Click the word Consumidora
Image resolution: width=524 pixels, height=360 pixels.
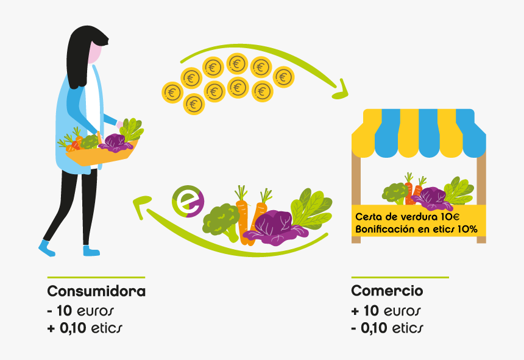coord(96,291)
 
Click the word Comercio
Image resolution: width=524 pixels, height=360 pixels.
coord(387,291)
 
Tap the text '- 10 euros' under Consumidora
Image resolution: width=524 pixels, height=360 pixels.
coord(80,311)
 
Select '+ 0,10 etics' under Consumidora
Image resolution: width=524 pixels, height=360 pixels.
coord(85,328)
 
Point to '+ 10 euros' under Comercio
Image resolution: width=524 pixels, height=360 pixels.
coord(386,311)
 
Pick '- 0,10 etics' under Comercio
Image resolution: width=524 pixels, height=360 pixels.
coord(387,328)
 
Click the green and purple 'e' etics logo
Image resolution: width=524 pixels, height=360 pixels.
coord(188,202)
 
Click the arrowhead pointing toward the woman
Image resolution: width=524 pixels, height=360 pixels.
coord(142,205)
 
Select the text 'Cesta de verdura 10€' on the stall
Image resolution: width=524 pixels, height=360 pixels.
coord(408,217)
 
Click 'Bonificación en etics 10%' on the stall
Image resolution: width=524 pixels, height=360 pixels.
coord(416,229)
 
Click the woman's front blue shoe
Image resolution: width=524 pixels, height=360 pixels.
coord(46,248)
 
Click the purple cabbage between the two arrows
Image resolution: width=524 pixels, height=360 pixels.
coord(275,227)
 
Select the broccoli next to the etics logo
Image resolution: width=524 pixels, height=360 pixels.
coord(221,221)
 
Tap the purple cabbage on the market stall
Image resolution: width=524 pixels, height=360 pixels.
coord(431,199)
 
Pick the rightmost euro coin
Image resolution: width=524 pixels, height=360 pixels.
coord(283,77)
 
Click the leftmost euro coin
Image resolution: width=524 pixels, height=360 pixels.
coord(172,92)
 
